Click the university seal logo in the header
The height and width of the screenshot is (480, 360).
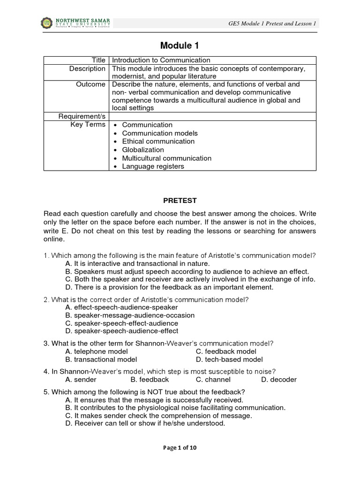(x=48, y=23)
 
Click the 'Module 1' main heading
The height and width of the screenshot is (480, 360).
(x=176, y=45)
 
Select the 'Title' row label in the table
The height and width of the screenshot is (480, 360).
(x=98, y=60)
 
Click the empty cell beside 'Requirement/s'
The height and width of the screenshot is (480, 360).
(x=212, y=116)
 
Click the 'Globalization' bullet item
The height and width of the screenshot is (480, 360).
(x=143, y=150)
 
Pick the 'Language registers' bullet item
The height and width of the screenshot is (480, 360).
(x=153, y=166)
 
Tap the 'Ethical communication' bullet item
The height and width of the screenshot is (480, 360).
(x=158, y=142)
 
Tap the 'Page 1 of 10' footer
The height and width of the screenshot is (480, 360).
(x=180, y=448)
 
